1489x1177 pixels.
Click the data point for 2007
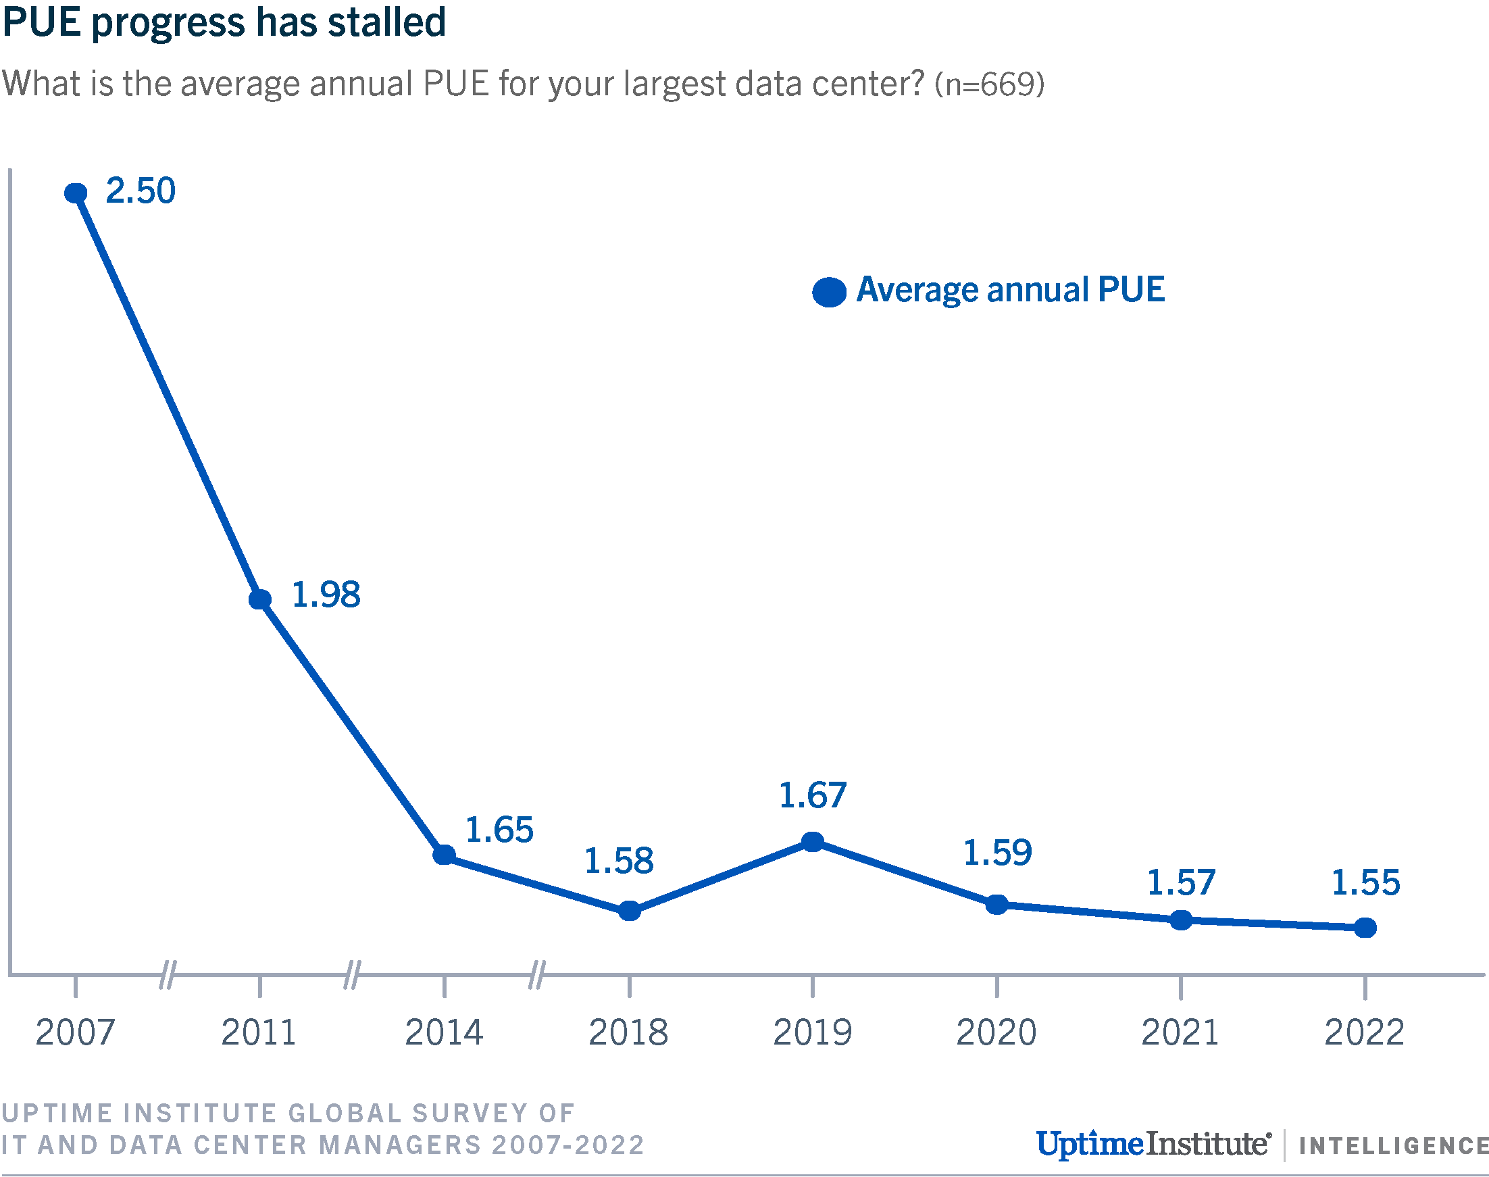point(75,193)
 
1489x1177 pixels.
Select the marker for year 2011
point(260,599)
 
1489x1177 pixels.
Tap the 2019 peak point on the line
point(813,841)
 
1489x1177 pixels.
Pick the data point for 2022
point(1365,928)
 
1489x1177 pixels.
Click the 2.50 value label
point(141,191)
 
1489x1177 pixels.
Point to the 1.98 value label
point(326,595)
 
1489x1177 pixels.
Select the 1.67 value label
point(812,795)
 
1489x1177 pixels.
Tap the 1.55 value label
point(1365,882)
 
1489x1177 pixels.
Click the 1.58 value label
point(619,861)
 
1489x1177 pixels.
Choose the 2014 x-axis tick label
point(444,1032)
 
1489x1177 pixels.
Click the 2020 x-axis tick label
point(996,1032)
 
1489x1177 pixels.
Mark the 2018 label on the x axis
point(628,1032)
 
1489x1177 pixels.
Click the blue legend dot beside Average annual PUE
point(829,292)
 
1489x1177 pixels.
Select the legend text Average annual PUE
point(1010,289)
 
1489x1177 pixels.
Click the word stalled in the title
point(386,22)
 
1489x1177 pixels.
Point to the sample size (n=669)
point(990,84)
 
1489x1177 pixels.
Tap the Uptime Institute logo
point(1153,1144)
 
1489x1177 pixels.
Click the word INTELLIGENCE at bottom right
point(1393,1146)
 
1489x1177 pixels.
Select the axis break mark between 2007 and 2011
point(168,974)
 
